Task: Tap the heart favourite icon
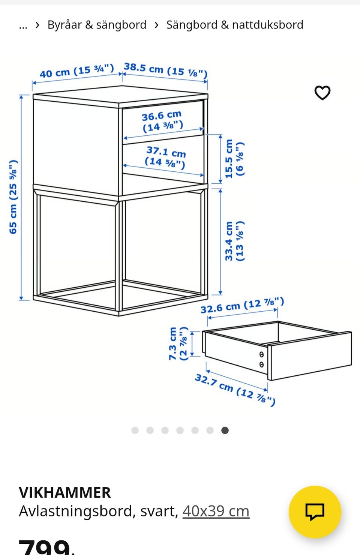pyautogui.click(x=322, y=93)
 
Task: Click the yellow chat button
pyautogui.click(x=315, y=511)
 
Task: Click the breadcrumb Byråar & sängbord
pyautogui.click(x=97, y=25)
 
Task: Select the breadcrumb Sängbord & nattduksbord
pyautogui.click(x=235, y=25)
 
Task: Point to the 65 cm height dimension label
pyautogui.click(x=13, y=197)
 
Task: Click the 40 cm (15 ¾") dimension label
pyautogui.click(x=76, y=71)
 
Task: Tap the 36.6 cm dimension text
pyautogui.click(x=162, y=121)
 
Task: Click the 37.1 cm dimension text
pyautogui.click(x=165, y=157)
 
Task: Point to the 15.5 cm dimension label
pyautogui.click(x=234, y=159)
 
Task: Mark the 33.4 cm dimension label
pyautogui.click(x=234, y=241)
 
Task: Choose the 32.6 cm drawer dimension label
pyautogui.click(x=242, y=306)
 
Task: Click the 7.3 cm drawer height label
pyautogui.click(x=178, y=343)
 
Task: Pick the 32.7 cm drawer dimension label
pyautogui.click(x=235, y=390)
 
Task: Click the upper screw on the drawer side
pyautogui.click(x=261, y=354)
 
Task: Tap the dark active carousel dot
pyautogui.click(x=225, y=430)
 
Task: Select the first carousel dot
pyautogui.click(x=135, y=430)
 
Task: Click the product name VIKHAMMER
pyautogui.click(x=65, y=492)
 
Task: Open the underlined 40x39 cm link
pyautogui.click(x=216, y=511)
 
